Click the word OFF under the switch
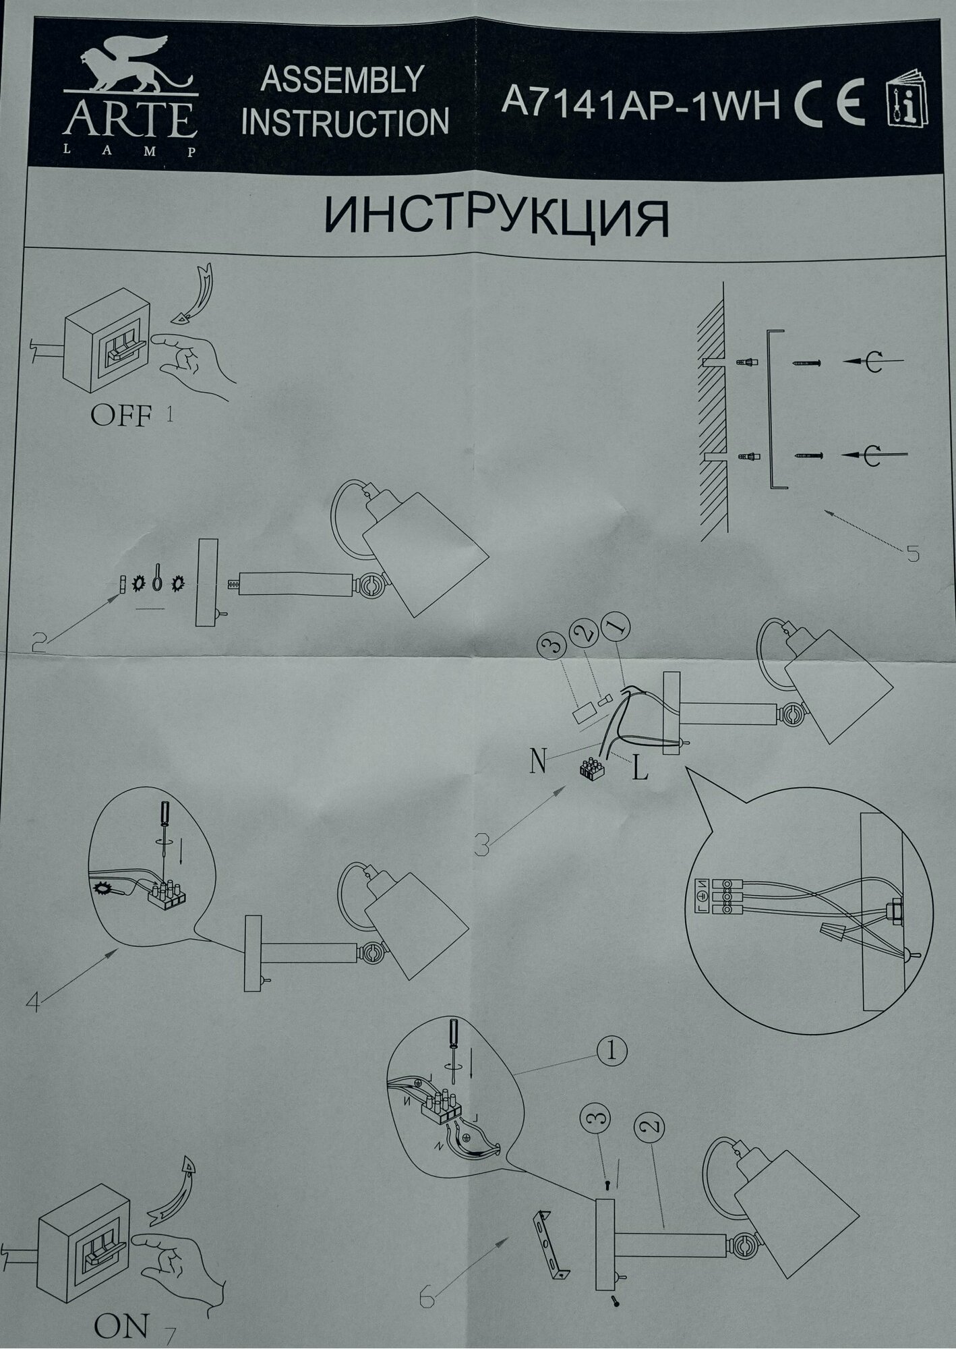click(x=121, y=415)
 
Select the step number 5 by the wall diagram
click(x=912, y=554)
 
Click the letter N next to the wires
click(x=537, y=763)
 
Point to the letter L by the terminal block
click(x=640, y=770)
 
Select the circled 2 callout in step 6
click(x=649, y=1126)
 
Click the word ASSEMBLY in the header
click(x=342, y=80)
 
